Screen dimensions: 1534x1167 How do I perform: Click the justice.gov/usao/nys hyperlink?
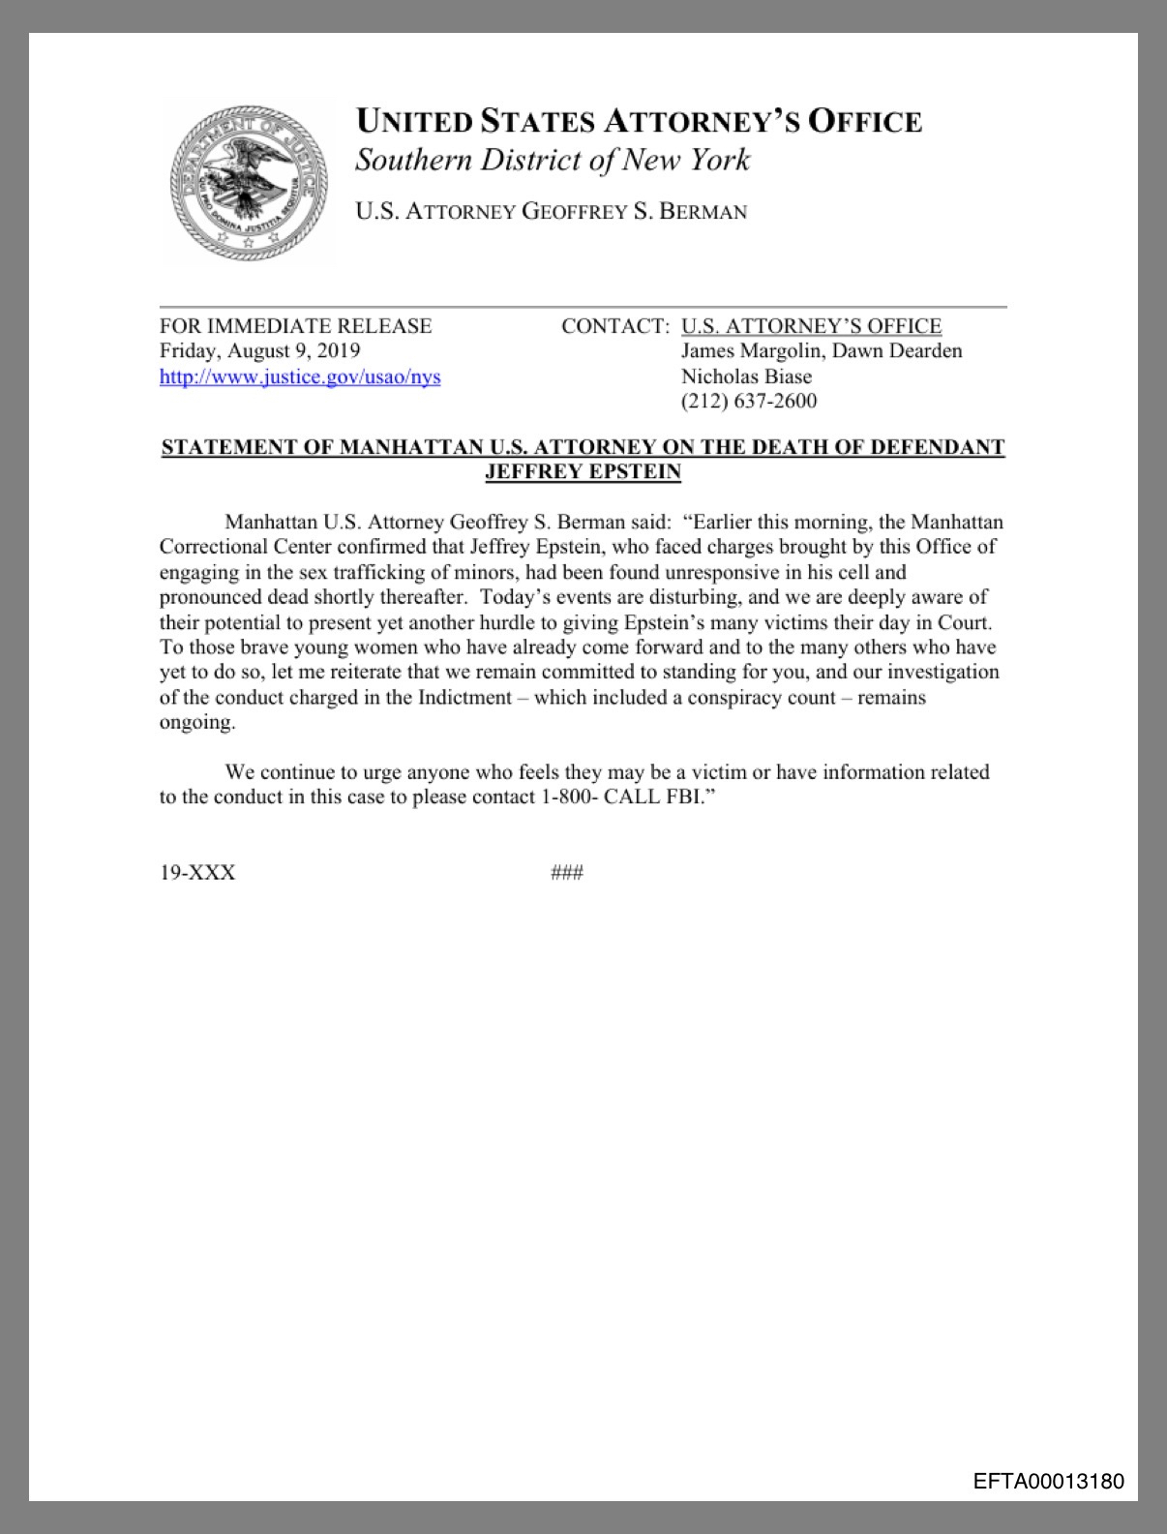tap(300, 376)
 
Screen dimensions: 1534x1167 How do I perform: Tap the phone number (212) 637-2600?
tap(748, 401)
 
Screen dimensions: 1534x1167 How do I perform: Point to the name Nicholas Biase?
tap(746, 376)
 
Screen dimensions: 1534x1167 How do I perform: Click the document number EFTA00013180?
tap(1049, 1481)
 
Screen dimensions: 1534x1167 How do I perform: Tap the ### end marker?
tap(566, 873)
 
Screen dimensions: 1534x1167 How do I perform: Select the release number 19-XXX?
tap(197, 873)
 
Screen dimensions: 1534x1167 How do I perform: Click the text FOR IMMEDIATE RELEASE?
tap(295, 326)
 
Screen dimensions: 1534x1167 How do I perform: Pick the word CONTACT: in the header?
tap(615, 326)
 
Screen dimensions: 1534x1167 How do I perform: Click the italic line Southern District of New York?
tap(552, 160)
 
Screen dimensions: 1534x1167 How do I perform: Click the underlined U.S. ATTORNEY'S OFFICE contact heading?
tap(811, 326)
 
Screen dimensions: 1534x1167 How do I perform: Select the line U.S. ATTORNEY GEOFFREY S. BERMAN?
tap(551, 211)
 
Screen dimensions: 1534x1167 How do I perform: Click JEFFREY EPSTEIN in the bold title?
tap(583, 472)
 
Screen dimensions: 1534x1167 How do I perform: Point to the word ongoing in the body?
tap(196, 722)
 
